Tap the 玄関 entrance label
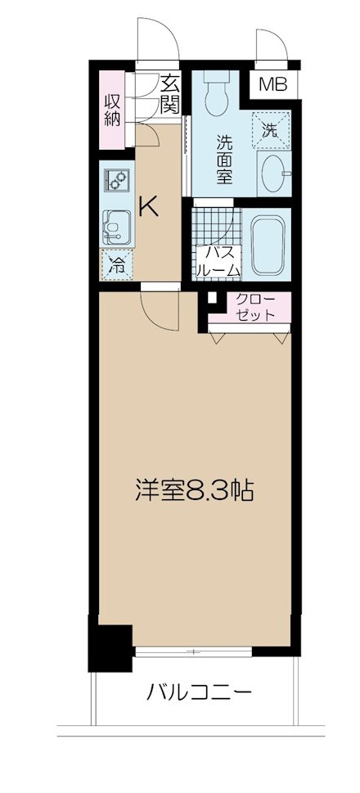point(169,92)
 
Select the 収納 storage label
point(112,109)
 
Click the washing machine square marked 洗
point(270,127)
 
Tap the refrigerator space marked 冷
point(117,264)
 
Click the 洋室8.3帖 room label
point(193,491)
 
